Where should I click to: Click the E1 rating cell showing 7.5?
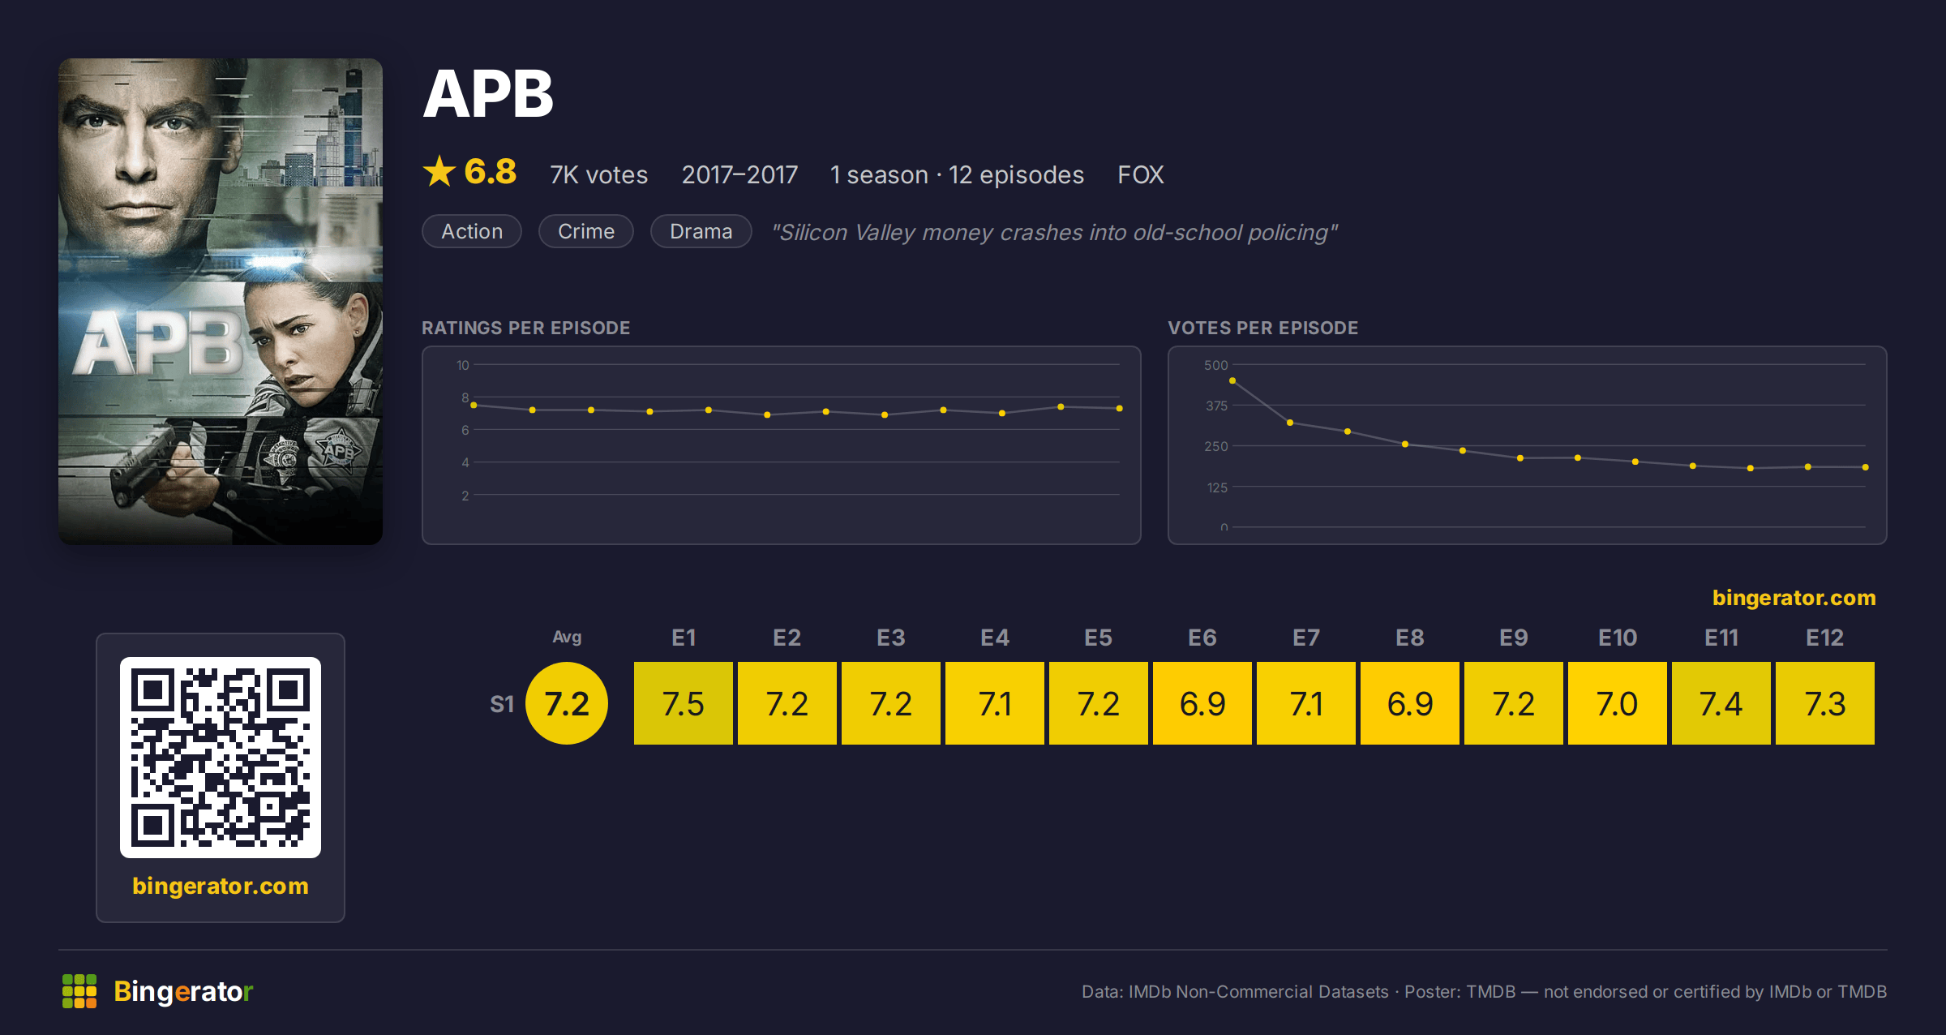[684, 703]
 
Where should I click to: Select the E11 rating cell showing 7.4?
[1721, 703]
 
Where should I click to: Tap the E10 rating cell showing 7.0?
[1618, 703]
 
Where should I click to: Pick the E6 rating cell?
[1202, 703]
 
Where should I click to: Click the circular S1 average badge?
[567, 703]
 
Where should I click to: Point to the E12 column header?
[1825, 638]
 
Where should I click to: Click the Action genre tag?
[472, 231]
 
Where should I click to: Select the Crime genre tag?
[586, 231]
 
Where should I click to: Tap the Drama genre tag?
[701, 231]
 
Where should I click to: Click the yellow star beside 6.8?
[439, 171]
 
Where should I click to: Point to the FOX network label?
[1141, 174]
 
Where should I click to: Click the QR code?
[221, 758]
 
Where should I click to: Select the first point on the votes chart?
[1232, 380]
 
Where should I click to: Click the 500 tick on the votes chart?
[1216, 365]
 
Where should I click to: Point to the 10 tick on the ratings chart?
[462, 365]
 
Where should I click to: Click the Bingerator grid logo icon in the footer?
[79, 991]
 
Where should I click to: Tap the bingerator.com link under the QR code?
[221, 886]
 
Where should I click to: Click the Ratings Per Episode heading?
[526, 328]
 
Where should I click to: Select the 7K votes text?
[599, 174]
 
